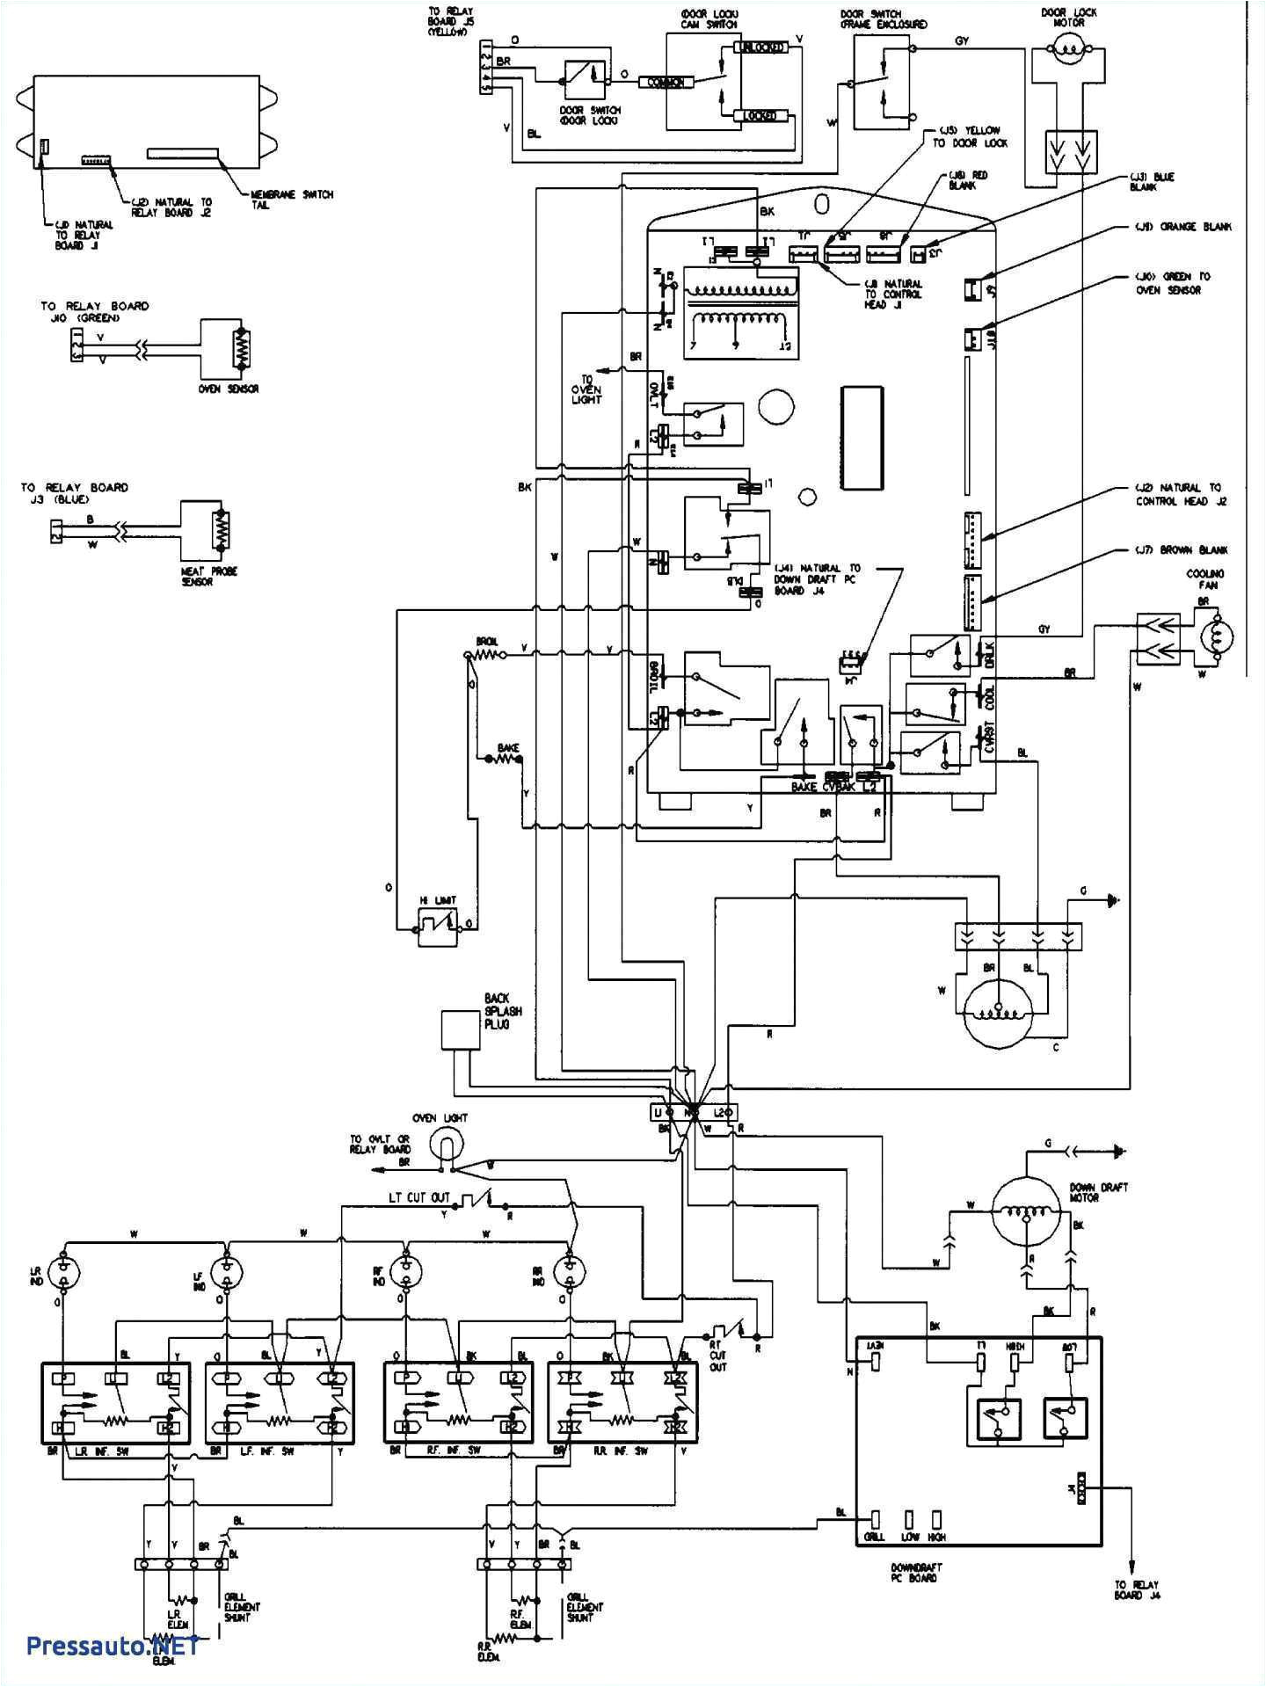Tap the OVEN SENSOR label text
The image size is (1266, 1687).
point(229,389)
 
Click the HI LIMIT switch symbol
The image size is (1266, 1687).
point(437,927)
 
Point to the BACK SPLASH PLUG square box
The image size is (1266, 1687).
point(460,1029)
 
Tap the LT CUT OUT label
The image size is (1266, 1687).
point(419,1197)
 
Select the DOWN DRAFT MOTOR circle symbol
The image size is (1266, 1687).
point(1027,1211)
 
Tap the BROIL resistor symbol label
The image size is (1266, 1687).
point(487,642)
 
